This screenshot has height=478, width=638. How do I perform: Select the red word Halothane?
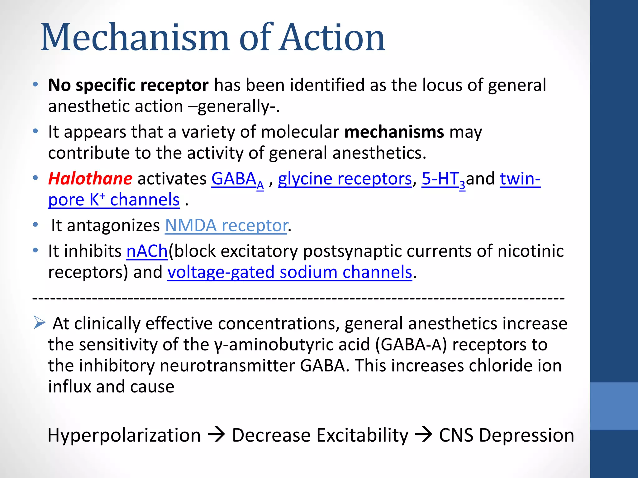[90, 179]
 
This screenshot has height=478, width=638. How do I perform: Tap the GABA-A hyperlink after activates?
[237, 180]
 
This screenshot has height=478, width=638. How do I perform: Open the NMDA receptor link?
[226, 226]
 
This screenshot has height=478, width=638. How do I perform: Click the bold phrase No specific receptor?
[128, 85]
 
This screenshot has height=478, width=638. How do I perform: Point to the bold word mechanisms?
[394, 132]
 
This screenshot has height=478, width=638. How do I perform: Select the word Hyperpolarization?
[124, 435]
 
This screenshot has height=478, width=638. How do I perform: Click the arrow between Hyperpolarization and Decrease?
[216, 434]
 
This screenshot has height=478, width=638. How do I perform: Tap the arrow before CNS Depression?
[423, 434]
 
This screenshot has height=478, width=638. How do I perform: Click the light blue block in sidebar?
[614, 406]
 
